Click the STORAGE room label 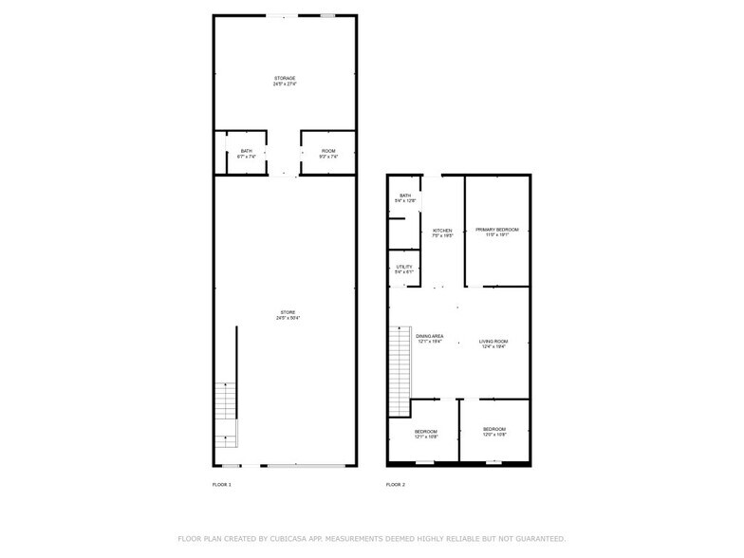click(285, 78)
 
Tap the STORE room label click(288, 312)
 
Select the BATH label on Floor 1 click(246, 151)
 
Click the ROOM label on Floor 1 click(327, 151)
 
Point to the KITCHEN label click(442, 230)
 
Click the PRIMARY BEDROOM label click(497, 230)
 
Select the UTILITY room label click(403, 267)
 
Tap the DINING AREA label click(430, 336)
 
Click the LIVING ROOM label click(493, 341)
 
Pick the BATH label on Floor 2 click(404, 195)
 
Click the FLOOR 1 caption click(221, 485)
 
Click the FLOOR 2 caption click(395, 485)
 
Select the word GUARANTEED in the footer click(536, 538)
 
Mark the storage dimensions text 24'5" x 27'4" click(285, 84)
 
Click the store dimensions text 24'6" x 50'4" click(288, 318)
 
